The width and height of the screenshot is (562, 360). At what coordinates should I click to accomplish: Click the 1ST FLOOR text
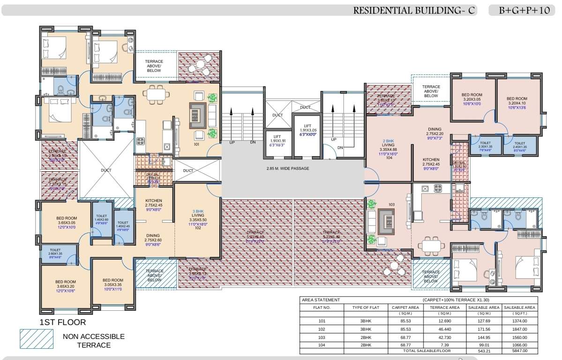coord(63,322)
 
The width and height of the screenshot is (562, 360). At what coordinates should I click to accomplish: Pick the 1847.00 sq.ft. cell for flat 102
coord(519,330)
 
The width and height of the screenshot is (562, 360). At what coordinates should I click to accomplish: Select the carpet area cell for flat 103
coord(402,337)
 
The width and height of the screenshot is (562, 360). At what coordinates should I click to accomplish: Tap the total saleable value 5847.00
coord(519,351)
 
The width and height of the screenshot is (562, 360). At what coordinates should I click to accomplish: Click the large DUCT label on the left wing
coord(106,170)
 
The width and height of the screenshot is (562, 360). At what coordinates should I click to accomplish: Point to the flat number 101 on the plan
coord(197,144)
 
